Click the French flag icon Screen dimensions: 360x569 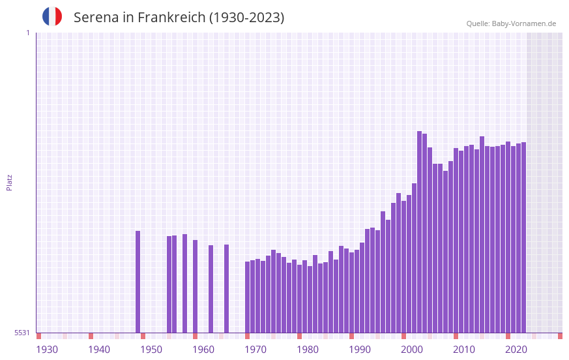52,16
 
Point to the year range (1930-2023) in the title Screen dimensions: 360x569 246,18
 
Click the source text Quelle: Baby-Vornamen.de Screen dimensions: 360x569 511,23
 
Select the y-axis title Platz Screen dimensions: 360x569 9,182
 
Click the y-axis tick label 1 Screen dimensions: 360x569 27,33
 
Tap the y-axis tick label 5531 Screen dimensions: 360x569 22,333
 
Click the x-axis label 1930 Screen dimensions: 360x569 47,350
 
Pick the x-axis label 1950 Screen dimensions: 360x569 151,350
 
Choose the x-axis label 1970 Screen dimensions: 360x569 255,350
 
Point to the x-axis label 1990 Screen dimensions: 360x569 360,350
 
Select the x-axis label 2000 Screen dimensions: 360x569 412,350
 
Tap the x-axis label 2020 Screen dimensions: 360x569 516,350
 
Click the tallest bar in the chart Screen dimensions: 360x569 420,232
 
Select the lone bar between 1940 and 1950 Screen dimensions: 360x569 138,282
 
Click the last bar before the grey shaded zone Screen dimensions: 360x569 523,237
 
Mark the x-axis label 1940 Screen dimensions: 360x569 99,350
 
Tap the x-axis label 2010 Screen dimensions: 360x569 464,350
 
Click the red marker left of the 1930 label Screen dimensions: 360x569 38,336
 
